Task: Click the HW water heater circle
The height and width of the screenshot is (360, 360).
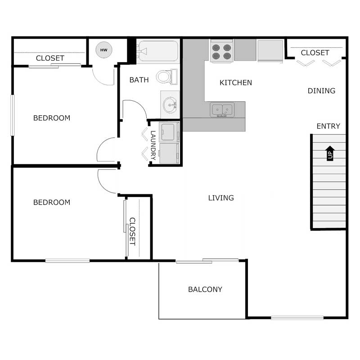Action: (103, 50)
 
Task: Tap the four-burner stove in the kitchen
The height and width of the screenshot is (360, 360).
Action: (221, 51)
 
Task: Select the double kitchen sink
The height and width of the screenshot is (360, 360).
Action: (222, 109)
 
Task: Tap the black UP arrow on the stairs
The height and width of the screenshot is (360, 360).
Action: (330, 153)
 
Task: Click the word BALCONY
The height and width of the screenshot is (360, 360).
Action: (205, 289)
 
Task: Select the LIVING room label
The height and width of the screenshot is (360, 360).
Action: (221, 198)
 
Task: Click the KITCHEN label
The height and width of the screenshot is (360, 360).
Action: (236, 83)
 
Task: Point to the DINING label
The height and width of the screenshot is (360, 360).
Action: (321, 91)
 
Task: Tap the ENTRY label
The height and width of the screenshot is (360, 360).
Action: (328, 126)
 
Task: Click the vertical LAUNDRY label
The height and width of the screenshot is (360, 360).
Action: (153, 145)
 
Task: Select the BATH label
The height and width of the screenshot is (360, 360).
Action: (139, 80)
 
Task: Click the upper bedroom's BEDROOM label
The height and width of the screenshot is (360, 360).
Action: (52, 118)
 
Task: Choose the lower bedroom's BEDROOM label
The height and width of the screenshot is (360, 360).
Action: (52, 202)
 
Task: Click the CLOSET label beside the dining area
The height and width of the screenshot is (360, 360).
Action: (315, 53)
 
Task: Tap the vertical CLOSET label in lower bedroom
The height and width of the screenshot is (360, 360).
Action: (132, 231)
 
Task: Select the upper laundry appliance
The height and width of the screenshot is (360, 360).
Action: (169, 132)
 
